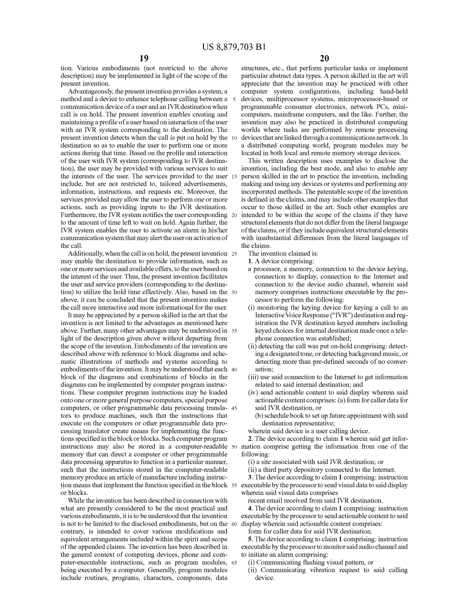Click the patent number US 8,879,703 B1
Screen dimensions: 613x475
tap(234, 47)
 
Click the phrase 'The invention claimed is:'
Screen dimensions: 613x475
tap(283, 254)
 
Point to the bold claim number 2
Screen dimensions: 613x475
tap(250, 439)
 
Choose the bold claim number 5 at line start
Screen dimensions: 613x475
tap(250, 539)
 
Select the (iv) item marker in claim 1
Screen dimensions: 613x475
tap(253, 393)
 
